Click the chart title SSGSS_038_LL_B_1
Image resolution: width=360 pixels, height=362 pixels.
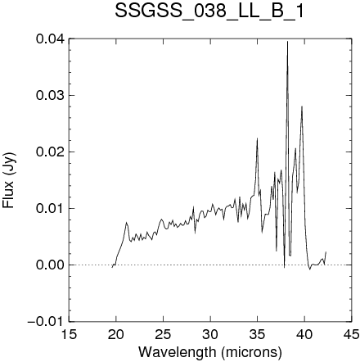(209, 11)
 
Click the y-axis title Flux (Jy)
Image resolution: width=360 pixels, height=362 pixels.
(9, 180)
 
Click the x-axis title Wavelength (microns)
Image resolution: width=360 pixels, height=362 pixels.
(210, 352)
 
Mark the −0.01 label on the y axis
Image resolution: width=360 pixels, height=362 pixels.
(47, 321)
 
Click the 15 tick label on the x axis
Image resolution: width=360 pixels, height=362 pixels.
(69, 334)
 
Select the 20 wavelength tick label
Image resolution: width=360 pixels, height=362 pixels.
(116, 334)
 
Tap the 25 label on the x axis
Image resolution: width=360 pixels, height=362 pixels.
(164, 334)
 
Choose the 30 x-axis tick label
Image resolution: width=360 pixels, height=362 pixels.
(210, 334)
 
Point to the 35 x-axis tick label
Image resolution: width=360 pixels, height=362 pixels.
(258, 334)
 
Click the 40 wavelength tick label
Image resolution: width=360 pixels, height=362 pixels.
(304, 334)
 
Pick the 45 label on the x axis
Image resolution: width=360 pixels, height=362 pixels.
(352, 334)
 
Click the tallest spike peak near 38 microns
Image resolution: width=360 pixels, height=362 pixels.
(287, 42)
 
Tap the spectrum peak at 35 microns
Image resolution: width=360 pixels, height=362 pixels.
(257, 138)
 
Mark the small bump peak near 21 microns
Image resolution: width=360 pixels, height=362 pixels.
(126, 223)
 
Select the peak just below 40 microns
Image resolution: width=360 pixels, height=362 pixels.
(302, 106)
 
